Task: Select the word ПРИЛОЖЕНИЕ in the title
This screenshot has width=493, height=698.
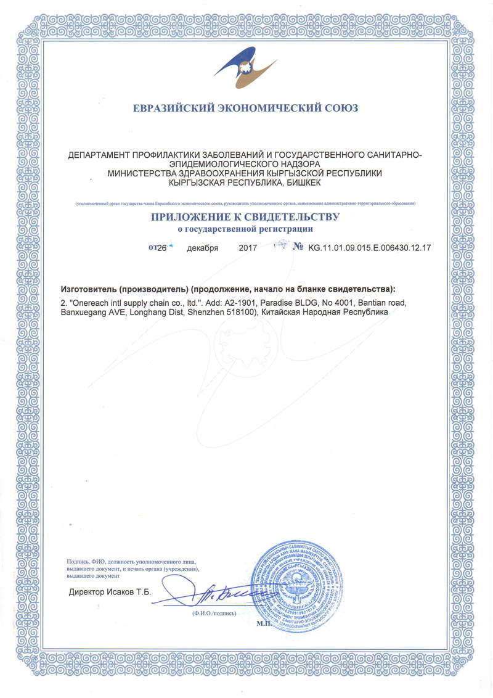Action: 190,217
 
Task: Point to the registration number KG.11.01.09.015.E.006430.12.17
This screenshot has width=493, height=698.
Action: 369,248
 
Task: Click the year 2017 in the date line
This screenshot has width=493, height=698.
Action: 247,248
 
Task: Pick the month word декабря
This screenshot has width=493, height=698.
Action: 203,248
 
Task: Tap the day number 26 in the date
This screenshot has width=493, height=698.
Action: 161,248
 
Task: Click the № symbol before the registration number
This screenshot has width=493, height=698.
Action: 298,247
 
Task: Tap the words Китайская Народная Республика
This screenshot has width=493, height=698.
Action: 325,313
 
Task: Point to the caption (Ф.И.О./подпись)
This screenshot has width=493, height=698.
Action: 213,614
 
